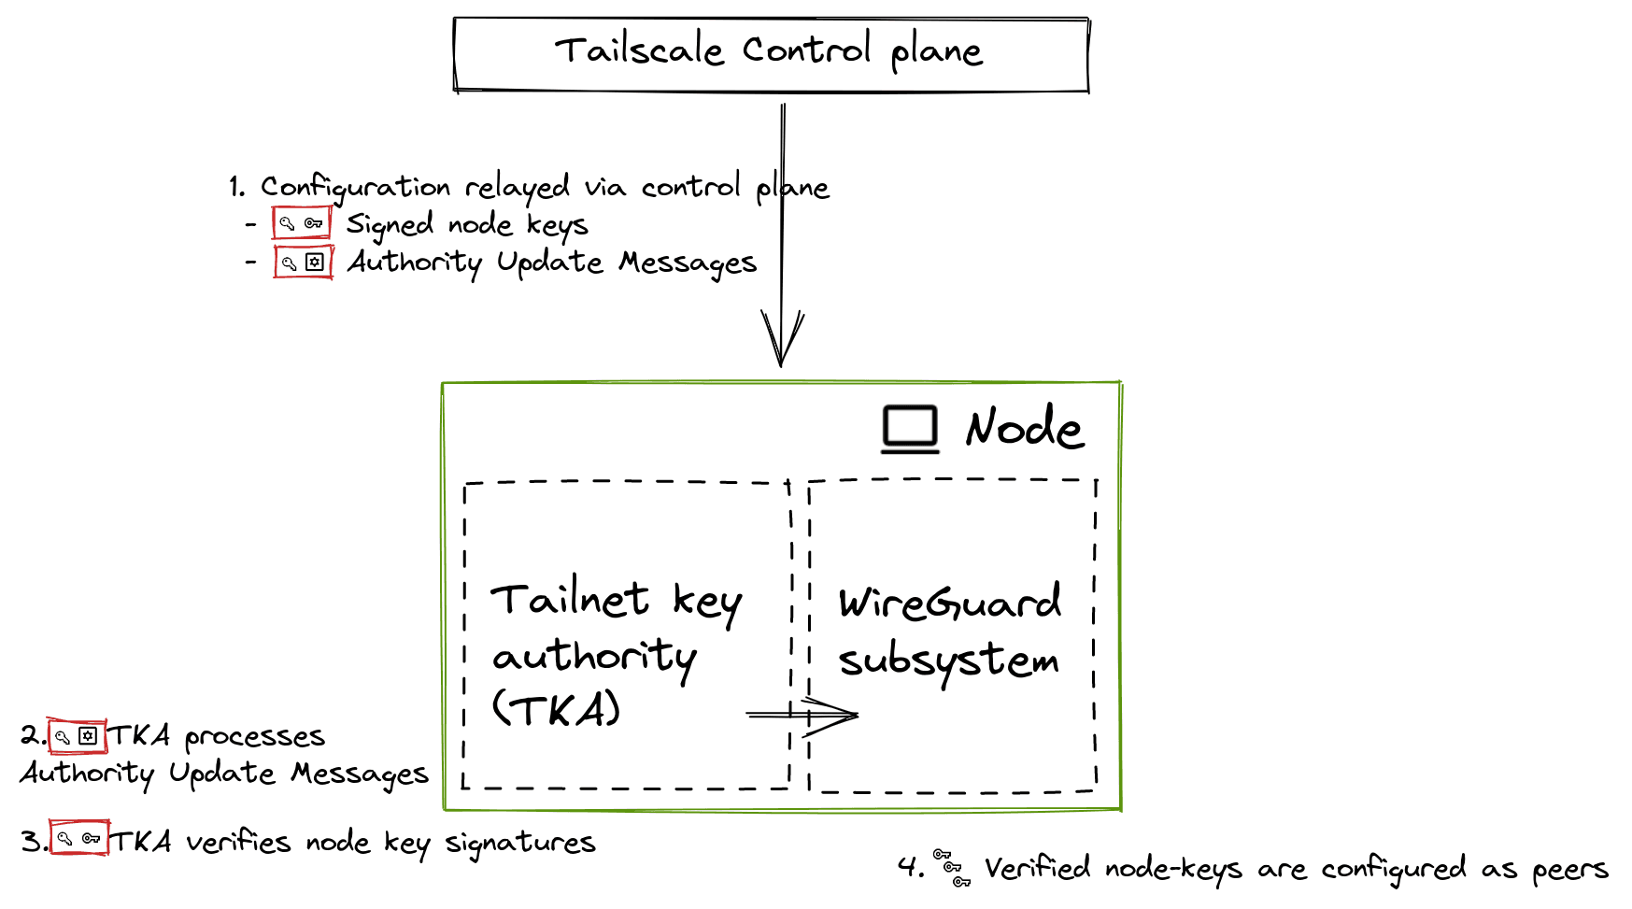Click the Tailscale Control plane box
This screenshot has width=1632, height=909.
pyautogui.click(x=771, y=54)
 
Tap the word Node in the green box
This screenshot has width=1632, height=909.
pyautogui.click(x=1024, y=428)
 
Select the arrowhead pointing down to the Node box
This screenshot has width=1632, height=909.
pyautogui.click(x=782, y=341)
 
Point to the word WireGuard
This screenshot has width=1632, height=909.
pyautogui.click(x=949, y=603)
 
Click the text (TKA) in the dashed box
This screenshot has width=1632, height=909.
pyautogui.click(x=557, y=711)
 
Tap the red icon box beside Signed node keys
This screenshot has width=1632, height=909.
pyautogui.click(x=301, y=223)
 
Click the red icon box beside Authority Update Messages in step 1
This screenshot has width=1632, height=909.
pyautogui.click(x=303, y=263)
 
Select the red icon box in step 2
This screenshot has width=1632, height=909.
pyautogui.click(x=77, y=736)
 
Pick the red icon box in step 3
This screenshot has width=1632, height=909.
pyautogui.click(x=78, y=839)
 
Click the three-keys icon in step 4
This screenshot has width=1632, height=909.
pyautogui.click(x=952, y=868)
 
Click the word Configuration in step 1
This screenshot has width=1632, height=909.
pyautogui.click(x=354, y=188)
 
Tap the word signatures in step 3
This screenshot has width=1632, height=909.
pyautogui.click(x=519, y=843)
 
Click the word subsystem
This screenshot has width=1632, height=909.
pyautogui.click(x=948, y=661)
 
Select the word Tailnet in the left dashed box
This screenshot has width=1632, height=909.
pyautogui.click(x=570, y=599)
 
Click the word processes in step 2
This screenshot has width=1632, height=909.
pyautogui.click(x=254, y=737)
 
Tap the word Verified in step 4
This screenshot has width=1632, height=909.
pyautogui.click(x=1037, y=868)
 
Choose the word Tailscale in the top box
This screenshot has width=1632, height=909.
pyautogui.click(x=640, y=50)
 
